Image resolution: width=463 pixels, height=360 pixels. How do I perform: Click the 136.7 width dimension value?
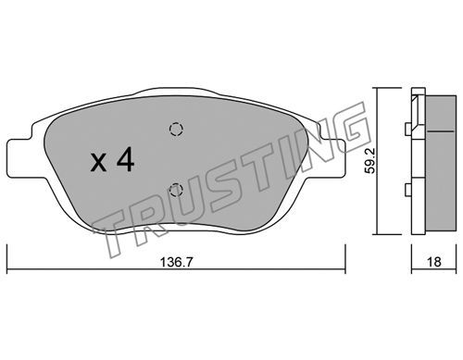(x=176, y=262)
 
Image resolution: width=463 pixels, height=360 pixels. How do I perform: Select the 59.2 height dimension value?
(x=369, y=161)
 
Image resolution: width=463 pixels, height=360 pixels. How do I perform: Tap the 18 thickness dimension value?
(x=434, y=262)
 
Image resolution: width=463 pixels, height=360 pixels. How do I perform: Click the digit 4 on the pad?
(x=125, y=158)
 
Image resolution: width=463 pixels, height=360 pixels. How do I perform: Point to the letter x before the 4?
(x=98, y=163)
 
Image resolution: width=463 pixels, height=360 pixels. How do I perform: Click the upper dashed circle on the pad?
(x=176, y=129)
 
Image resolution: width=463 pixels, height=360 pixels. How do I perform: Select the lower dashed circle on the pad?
(x=176, y=190)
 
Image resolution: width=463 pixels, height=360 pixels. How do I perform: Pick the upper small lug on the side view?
(x=408, y=129)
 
